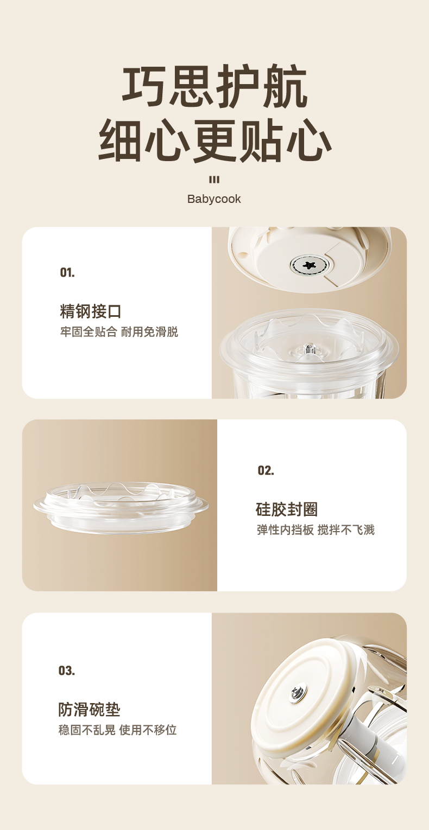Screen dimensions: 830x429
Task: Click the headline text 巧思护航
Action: (x=214, y=87)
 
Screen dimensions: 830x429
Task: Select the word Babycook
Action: (x=214, y=199)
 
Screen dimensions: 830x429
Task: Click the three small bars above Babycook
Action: (x=214, y=180)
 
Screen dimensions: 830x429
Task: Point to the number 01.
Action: (x=67, y=272)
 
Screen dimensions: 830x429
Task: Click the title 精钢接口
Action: (x=91, y=311)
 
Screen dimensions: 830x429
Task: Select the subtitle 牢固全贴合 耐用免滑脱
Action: (x=119, y=332)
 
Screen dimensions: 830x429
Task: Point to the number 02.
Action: (x=266, y=470)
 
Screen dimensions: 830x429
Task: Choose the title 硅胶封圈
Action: (x=286, y=509)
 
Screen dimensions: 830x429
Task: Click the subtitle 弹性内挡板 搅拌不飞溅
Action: (x=316, y=530)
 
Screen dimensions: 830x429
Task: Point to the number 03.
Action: (x=66, y=671)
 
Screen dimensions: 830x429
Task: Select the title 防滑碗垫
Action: (x=89, y=710)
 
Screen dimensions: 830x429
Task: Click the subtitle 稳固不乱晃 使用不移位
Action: (x=118, y=730)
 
